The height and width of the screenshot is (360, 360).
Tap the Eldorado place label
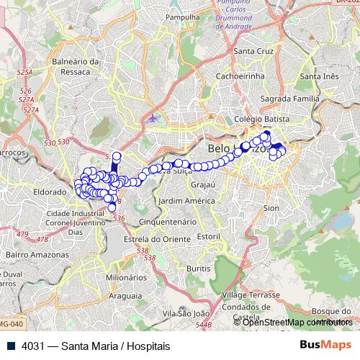pos(49,192)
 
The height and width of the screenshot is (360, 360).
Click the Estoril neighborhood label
pos(208,236)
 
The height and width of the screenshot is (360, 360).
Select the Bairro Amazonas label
pos(32,254)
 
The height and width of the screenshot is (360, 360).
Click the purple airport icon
pos(152,117)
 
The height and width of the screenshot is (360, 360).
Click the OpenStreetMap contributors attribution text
pos(297,322)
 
